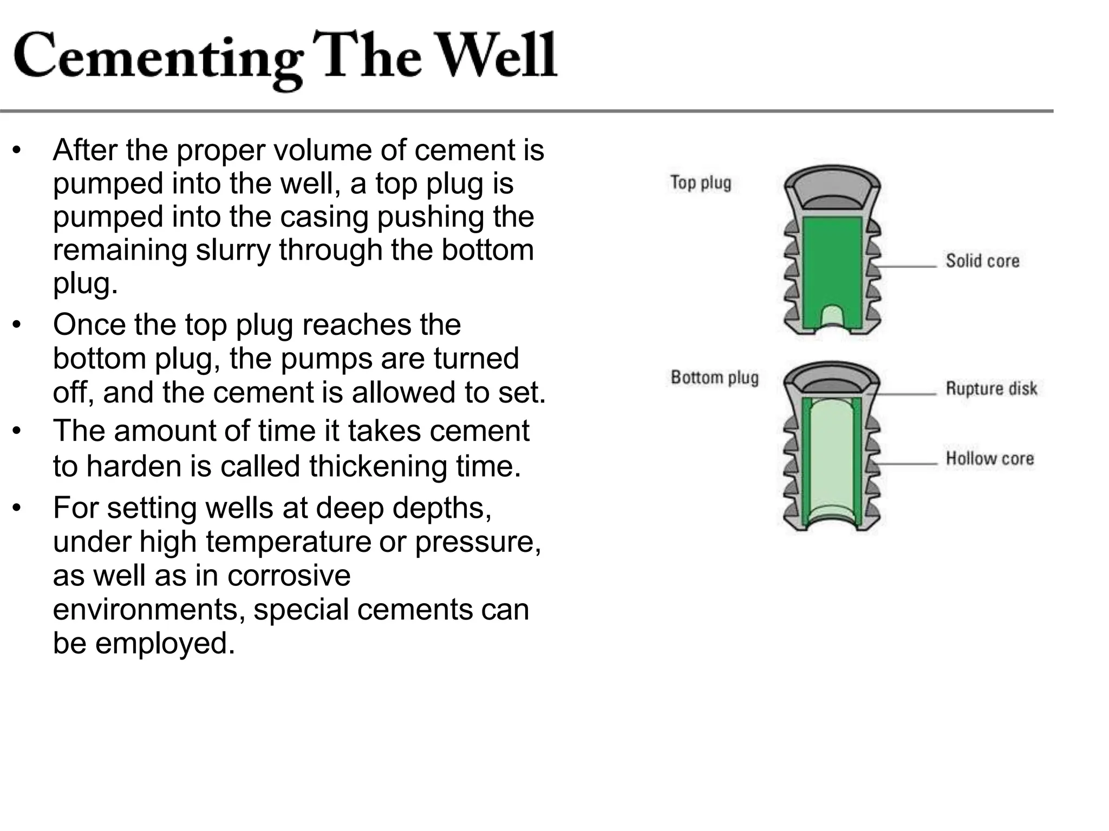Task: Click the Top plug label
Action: click(x=701, y=183)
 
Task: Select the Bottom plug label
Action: click(x=714, y=377)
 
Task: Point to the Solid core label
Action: click(x=982, y=261)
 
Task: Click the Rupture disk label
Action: click(x=991, y=388)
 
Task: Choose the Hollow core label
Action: click(x=989, y=459)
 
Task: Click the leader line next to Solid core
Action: click(x=907, y=267)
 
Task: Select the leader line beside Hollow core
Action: click(x=907, y=464)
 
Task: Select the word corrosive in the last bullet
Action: click(x=289, y=575)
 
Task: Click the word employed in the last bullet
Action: click(x=165, y=643)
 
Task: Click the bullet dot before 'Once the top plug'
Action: click(x=17, y=325)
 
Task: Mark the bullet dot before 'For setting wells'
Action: click(x=17, y=509)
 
